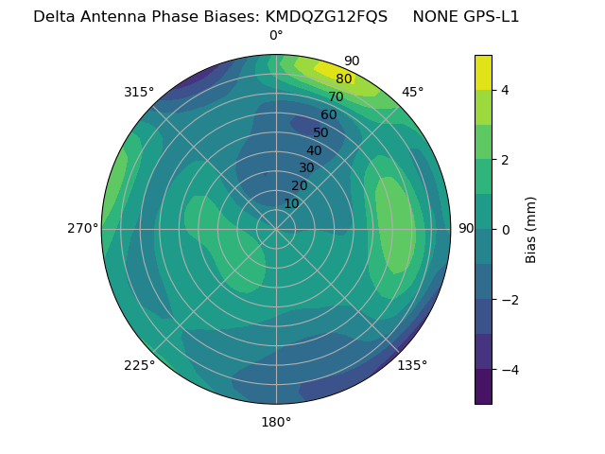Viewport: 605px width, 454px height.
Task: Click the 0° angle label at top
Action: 276,36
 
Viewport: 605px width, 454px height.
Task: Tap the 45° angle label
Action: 412,92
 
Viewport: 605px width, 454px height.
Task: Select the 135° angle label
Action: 412,365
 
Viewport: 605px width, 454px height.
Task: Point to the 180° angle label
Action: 276,422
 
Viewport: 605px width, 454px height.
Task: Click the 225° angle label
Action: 139,365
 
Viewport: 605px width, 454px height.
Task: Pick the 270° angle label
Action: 82,228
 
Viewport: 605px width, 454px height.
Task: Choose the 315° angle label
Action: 139,92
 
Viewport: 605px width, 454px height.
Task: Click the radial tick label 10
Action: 291,203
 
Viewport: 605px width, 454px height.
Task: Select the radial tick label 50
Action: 320,132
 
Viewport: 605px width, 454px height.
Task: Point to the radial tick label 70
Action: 336,96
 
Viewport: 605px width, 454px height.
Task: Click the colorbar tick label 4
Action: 506,90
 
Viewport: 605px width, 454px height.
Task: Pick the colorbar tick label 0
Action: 506,229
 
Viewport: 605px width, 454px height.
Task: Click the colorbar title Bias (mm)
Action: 531,229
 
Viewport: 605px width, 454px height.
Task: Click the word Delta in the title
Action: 54,17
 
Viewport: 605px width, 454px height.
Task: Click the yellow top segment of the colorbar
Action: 483,72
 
